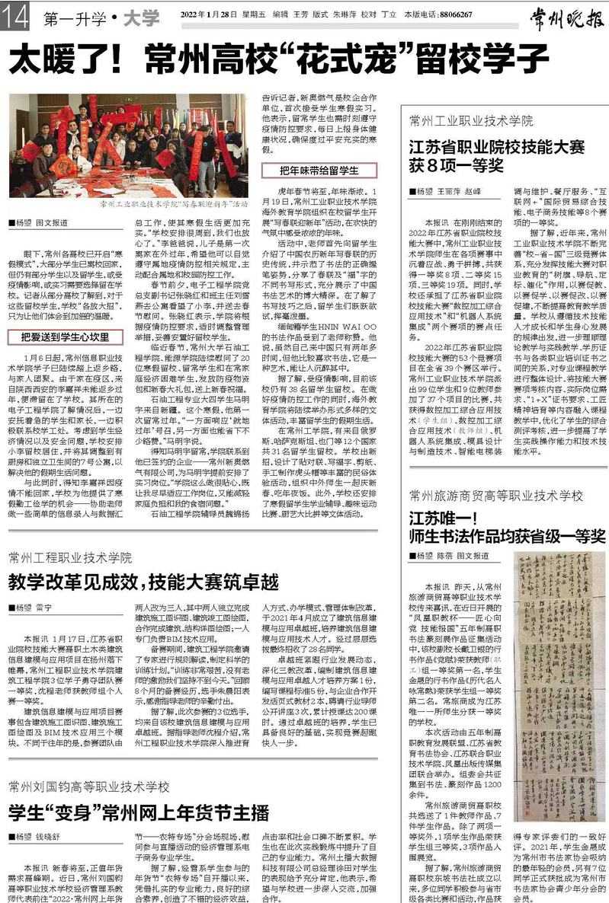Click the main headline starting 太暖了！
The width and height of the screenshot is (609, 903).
(278, 58)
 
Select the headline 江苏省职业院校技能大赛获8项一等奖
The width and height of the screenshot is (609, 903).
(496, 155)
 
